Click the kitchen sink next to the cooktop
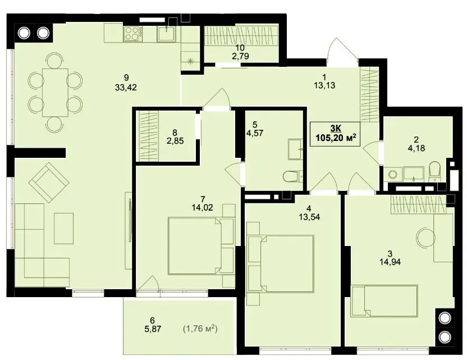167,33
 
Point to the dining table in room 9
56,92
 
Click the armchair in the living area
49,182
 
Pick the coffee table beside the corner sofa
64,228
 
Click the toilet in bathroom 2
435,171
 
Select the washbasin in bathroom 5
295,149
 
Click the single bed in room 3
384,301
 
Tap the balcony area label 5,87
152,329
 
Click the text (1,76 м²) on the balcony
200,329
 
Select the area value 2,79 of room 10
240,56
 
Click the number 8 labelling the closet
175,133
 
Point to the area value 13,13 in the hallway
324,85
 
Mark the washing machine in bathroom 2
392,174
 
